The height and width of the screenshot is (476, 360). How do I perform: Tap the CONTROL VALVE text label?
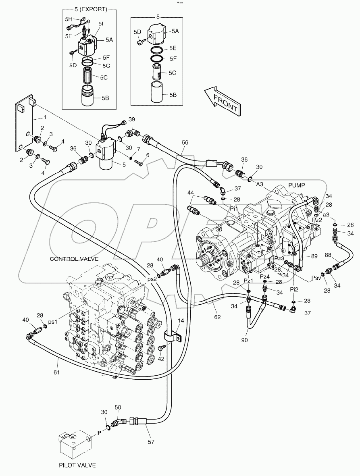pyautogui.click(x=74, y=259)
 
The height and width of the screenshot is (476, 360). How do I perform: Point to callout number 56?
pyautogui.click(x=185, y=143)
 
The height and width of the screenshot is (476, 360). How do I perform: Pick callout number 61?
pyautogui.click(x=56, y=372)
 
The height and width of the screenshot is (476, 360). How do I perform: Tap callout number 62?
pyautogui.click(x=217, y=317)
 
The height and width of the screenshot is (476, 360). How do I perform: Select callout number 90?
pyautogui.click(x=245, y=340)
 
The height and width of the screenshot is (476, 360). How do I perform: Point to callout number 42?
pyautogui.click(x=160, y=358)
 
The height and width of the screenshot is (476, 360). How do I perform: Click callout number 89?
pyautogui.click(x=315, y=256)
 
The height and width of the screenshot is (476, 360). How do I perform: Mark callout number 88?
pyautogui.click(x=328, y=255)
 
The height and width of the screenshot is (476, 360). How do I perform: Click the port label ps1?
pyautogui.click(x=52, y=322)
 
